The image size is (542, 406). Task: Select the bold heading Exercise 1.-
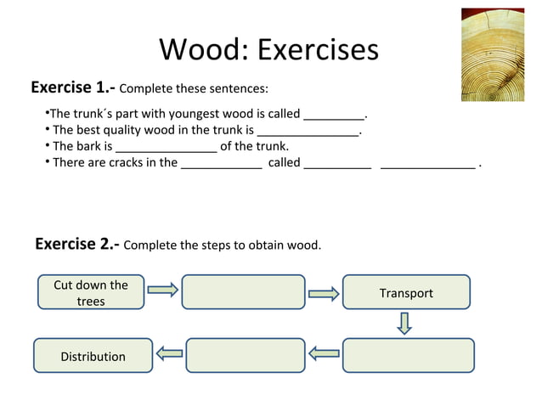(x=72, y=87)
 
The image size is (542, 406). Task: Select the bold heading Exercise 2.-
(x=76, y=245)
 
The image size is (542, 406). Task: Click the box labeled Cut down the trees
(x=91, y=292)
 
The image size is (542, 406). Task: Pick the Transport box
(x=406, y=292)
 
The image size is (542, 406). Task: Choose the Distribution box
(x=93, y=356)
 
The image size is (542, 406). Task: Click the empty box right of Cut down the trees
(x=243, y=292)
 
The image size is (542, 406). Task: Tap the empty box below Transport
(x=408, y=355)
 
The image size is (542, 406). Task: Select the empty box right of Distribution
(x=245, y=355)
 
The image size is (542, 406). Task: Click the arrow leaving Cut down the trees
(x=162, y=290)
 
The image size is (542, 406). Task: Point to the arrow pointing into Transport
(x=323, y=294)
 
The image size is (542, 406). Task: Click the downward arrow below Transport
(x=405, y=323)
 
